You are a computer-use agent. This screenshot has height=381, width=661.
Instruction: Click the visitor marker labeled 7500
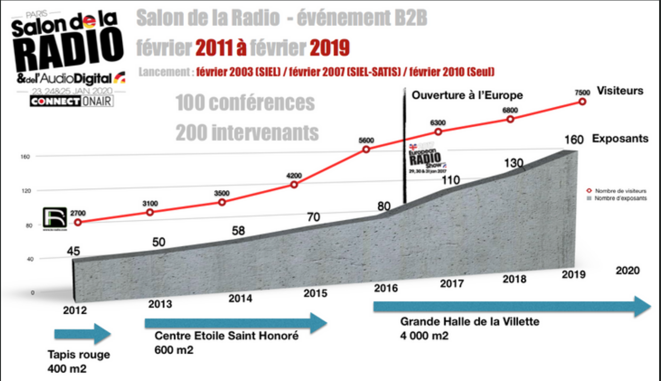583,101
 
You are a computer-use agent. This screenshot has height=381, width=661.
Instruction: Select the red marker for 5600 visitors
366,149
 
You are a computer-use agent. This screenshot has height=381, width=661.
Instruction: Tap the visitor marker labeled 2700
78,222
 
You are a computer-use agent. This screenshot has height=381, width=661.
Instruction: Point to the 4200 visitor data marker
294,184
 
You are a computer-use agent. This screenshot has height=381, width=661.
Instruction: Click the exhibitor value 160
574,140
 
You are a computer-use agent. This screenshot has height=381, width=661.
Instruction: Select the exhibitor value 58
240,231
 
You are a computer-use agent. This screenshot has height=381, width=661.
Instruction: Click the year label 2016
386,288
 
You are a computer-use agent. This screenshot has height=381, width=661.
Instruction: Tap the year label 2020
628,271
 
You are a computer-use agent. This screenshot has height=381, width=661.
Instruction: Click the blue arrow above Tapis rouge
83,334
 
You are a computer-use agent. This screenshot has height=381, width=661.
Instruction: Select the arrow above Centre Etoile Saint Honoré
235,323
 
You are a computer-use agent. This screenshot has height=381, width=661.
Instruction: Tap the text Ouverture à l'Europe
467,95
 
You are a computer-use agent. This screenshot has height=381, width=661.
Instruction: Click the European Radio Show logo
427,158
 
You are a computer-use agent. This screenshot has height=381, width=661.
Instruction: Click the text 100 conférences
245,103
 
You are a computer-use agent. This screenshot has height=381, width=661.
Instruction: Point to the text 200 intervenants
247,133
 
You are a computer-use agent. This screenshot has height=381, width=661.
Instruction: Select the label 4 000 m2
425,336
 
